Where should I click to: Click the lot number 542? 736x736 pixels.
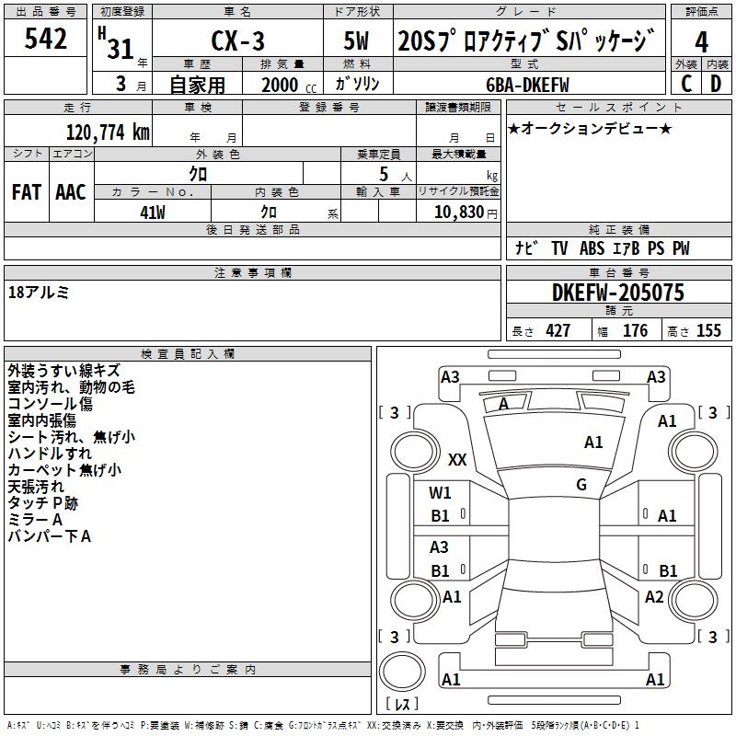click(x=45, y=39)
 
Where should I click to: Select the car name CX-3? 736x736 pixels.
click(x=237, y=40)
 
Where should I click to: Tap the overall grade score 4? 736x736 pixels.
click(x=701, y=42)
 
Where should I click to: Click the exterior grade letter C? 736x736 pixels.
click(x=686, y=84)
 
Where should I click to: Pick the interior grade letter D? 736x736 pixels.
click(x=716, y=84)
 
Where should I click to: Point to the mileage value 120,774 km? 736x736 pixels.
click(x=108, y=132)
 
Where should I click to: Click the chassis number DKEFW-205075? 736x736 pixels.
click(x=618, y=293)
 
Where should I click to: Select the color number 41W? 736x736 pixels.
click(x=153, y=213)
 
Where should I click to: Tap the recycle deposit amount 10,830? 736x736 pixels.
click(x=459, y=212)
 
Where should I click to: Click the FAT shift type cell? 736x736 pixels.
click(x=27, y=192)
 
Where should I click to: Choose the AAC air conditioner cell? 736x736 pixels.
click(x=71, y=192)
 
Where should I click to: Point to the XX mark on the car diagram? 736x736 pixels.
click(x=457, y=459)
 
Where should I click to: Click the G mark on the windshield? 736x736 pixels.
click(x=581, y=485)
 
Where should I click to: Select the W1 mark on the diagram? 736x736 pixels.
click(x=440, y=493)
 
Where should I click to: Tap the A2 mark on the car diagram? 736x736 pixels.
click(x=654, y=597)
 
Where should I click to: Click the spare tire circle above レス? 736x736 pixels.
click(x=402, y=671)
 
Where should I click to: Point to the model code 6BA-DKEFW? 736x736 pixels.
click(x=527, y=85)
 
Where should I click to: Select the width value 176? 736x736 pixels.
click(x=635, y=330)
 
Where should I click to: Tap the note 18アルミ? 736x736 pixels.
click(x=39, y=293)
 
